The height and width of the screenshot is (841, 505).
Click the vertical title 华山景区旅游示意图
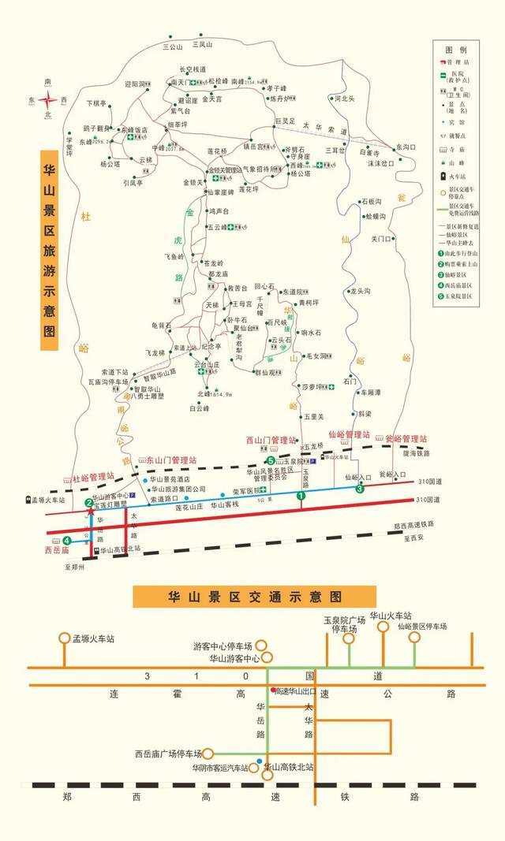[50, 244]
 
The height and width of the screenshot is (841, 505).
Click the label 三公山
[172, 47]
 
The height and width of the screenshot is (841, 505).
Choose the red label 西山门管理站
[271, 441]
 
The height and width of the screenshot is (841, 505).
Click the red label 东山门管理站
[171, 460]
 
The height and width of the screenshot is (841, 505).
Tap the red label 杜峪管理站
[93, 477]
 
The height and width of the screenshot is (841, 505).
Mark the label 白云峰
[200, 408]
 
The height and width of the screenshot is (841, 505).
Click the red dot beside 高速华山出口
[273, 690]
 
